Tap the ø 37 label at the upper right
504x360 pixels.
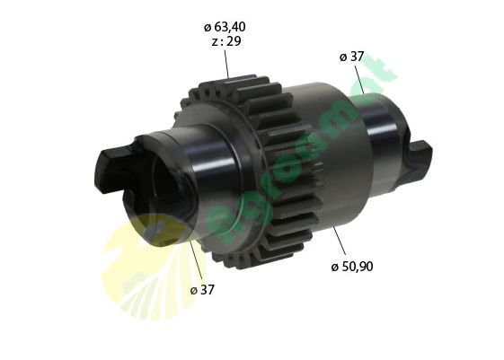(351, 57)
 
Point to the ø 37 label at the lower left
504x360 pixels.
(202, 289)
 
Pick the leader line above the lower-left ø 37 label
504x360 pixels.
(195, 260)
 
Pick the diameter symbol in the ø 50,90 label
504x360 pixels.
(334, 267)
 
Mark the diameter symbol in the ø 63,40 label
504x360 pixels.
(207, 26)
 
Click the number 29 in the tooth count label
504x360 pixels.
(234, 40)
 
